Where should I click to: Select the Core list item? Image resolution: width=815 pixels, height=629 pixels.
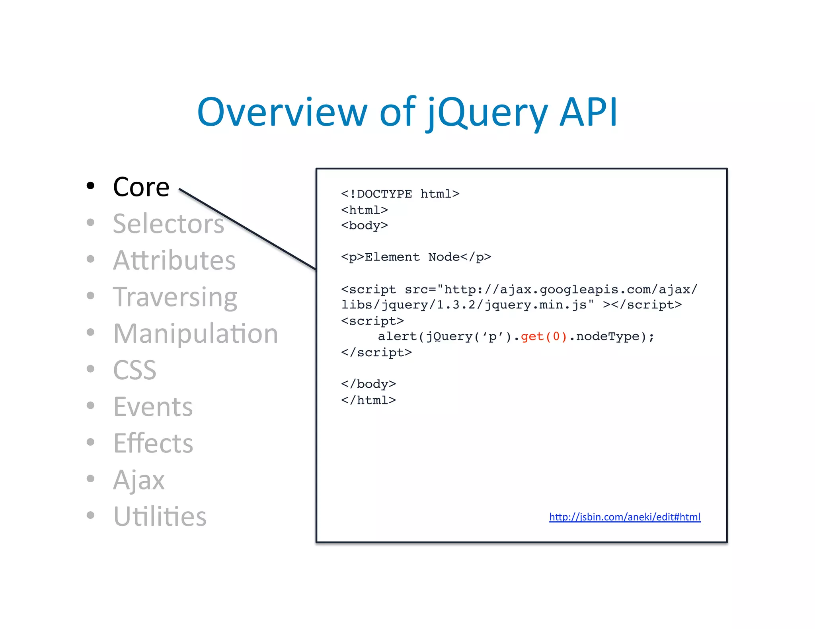(x=141, y=187)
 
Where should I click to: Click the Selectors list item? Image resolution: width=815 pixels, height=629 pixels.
(x=168, y=223)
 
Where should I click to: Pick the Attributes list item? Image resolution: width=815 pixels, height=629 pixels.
(x=174, y=260)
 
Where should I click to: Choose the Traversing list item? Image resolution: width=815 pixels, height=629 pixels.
(x=175, y=297)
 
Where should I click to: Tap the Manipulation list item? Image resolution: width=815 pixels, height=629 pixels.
(x=195, y=334)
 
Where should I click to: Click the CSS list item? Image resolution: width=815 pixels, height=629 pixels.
(x=135, y=370)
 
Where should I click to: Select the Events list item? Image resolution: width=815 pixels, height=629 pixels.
(x=153, y=407)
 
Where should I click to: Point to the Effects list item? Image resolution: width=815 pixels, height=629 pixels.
(x=153, y=443)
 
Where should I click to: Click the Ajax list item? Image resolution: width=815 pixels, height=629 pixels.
(x=138, y=480)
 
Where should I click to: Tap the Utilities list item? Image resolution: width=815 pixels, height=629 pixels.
(x=160, y=516)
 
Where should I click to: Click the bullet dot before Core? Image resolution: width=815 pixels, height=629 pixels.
(x=91, y=186)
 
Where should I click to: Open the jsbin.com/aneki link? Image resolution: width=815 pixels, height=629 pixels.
(x=624, y=517)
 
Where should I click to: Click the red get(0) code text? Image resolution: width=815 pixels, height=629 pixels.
(x=544, y=337)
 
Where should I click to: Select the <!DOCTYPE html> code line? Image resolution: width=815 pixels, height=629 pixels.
(x=400, y=194)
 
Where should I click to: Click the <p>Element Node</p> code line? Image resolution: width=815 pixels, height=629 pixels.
(x=416, y=257)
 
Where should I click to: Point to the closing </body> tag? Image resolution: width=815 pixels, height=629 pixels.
(x=368, y=384)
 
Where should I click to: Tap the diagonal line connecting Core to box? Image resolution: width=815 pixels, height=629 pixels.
(x=247, y=229)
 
